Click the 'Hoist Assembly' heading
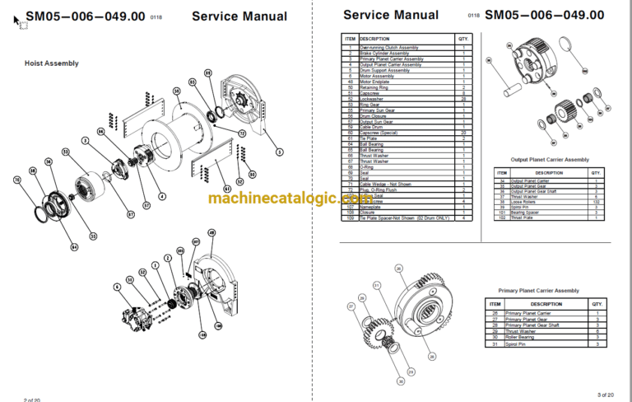(x=51, y=63)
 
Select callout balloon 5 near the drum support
(x=279, y=152)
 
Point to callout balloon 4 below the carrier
(x=162, y=196)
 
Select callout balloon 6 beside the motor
(x=118, y=287)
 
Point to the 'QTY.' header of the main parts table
(x=462, y=39)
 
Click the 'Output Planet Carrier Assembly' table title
(x=550, y=159)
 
